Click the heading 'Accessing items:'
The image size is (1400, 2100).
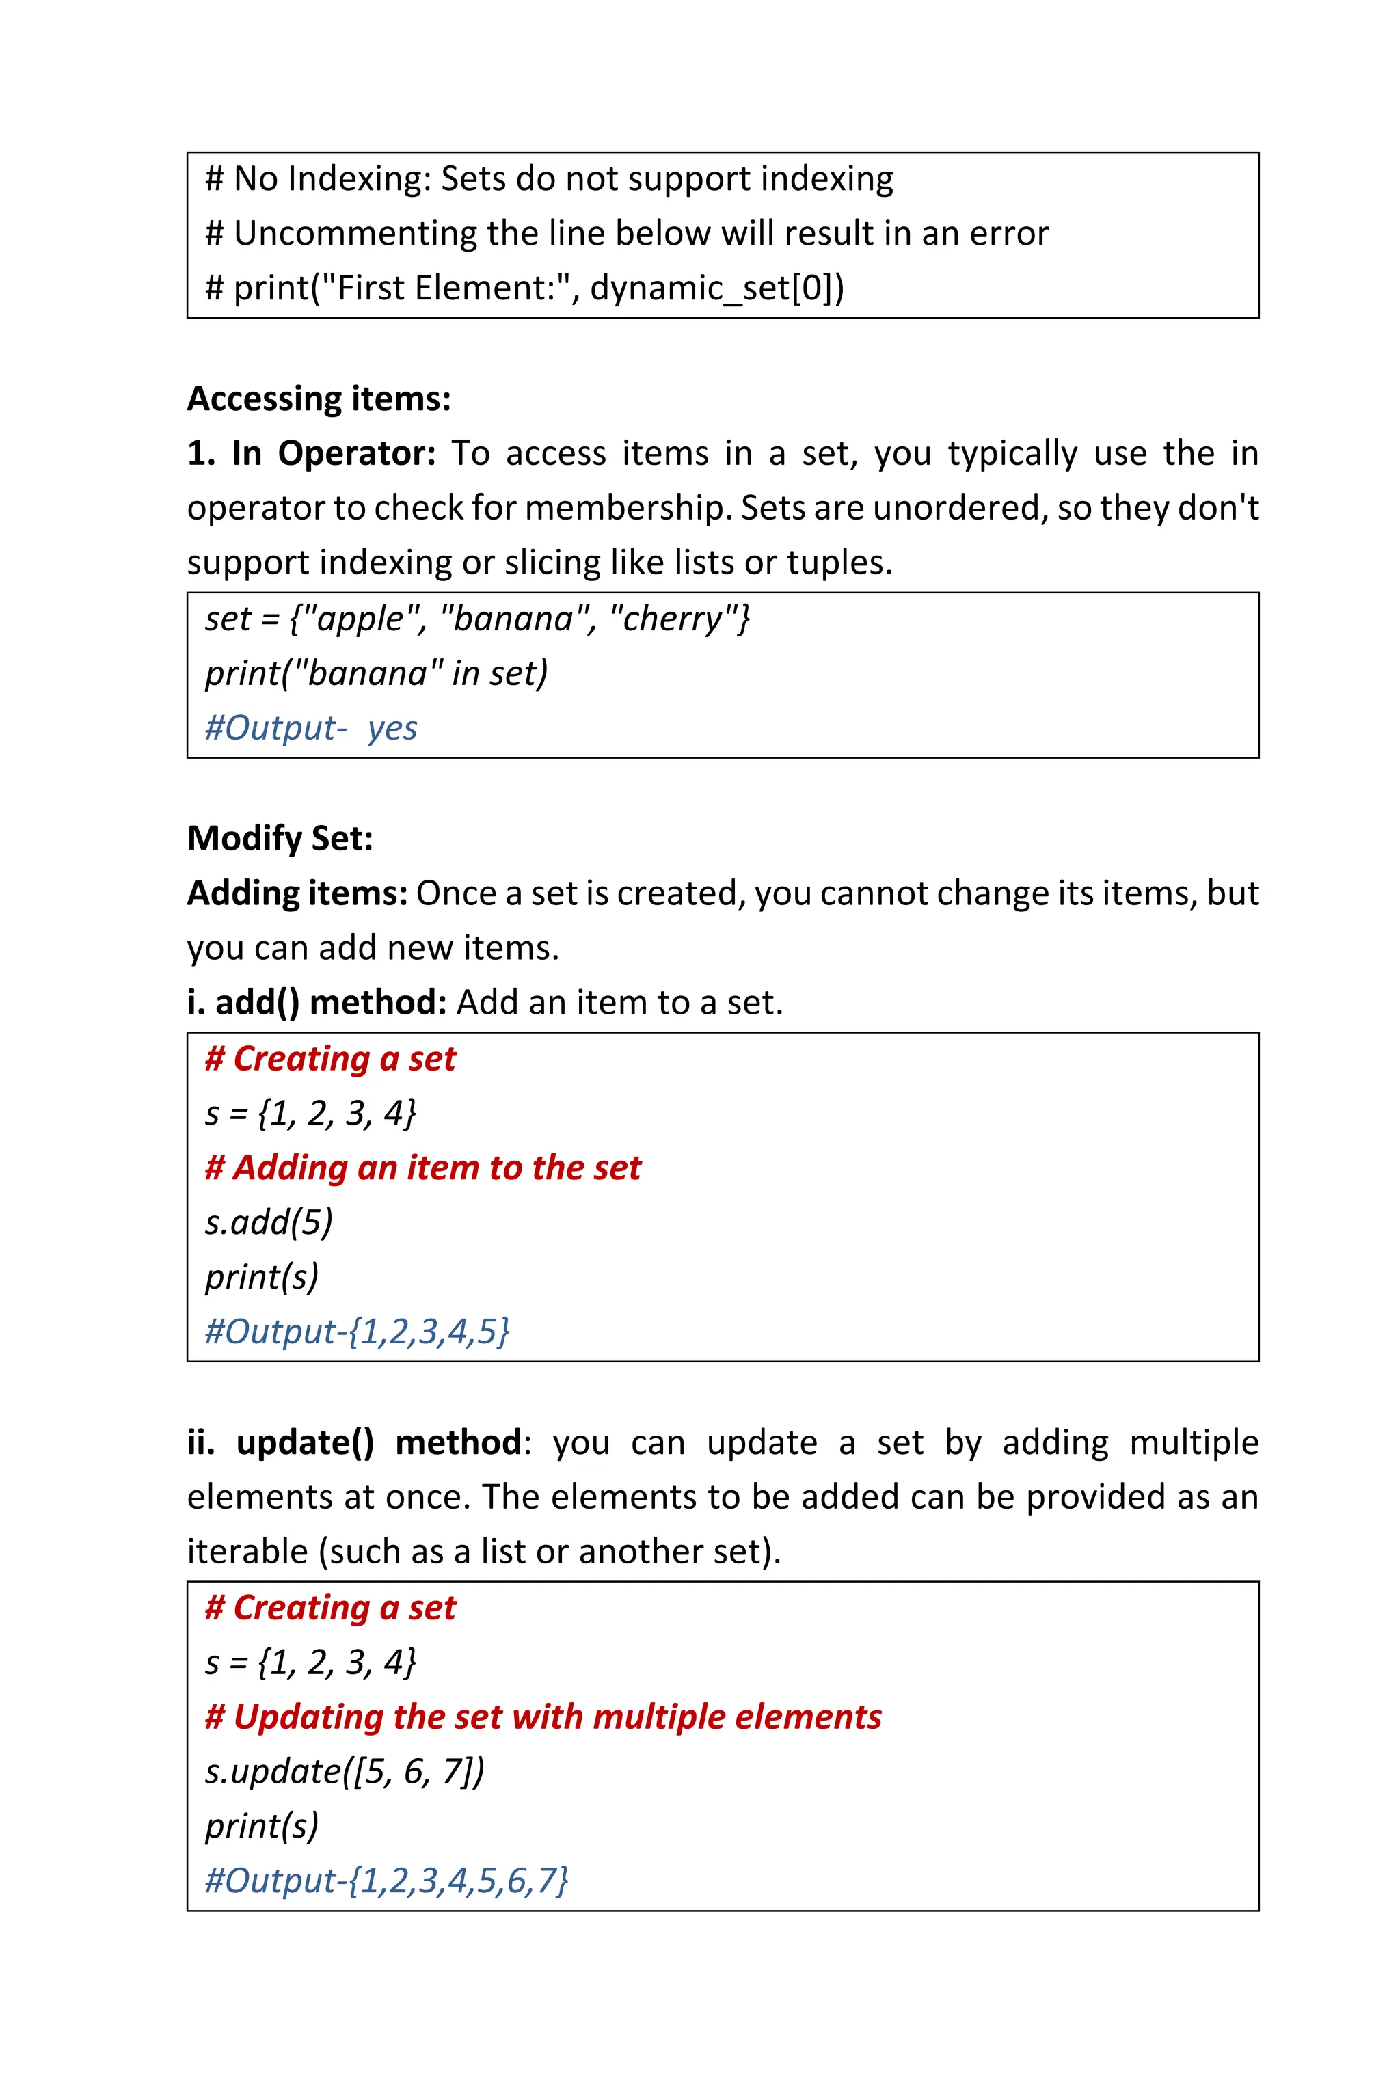coord(319,399)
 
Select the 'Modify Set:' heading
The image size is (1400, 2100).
coord(280,838)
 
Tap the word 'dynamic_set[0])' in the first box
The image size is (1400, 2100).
coord(717,288)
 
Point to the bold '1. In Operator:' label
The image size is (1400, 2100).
coord(311,454)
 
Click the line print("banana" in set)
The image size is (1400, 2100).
coord(376,673)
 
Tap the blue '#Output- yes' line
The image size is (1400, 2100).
coord(311,727)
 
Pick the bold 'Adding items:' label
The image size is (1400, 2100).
coord(297,893)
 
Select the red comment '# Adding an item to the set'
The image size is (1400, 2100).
coord(422,1168)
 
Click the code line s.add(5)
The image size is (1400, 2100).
coord(268,1222)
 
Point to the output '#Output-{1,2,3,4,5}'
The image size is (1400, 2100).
coord(357,1331)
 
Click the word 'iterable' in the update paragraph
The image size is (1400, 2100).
coord(247,1552)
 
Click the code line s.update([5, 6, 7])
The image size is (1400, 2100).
coord(344,1771)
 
